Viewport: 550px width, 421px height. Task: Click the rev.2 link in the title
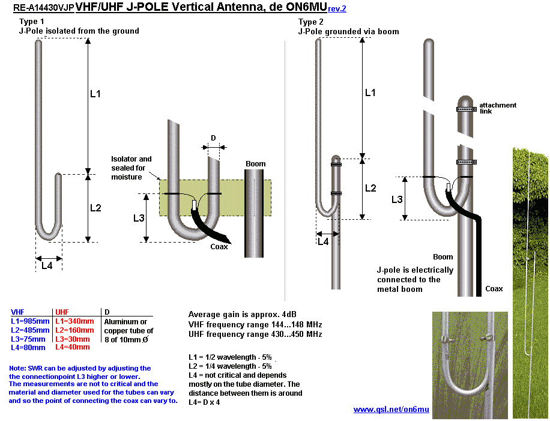pyautogui.click(x=337, y=9)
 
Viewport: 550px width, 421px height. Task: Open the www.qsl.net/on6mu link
pyautogui.click(x=391, y=409)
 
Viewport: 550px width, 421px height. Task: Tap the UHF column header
pyautogui.click(x=62, y=312)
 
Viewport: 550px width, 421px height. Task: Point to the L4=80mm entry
pyautogui.click(x=28, y=347)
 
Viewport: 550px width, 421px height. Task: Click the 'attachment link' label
pyautogui.click(x=497, y=108)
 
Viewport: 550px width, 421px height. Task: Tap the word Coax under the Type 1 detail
pyautogui.click(x=219, y=246)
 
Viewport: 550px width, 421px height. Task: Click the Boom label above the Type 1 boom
pyautogui.click(x=255, y=163)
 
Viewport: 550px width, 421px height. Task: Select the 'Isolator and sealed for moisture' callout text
pyautogui.click(x=131, y=168)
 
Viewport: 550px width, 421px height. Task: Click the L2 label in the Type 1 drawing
pyautogui.click(x=95, y=208)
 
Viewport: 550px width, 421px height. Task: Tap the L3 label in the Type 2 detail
pyautogui.click(x=397, y=199)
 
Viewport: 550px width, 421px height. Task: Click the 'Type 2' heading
pyautogui.click(x=311, y=22)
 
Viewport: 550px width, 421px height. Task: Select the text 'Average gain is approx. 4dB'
pyautogui.click(x=243, y=315)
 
